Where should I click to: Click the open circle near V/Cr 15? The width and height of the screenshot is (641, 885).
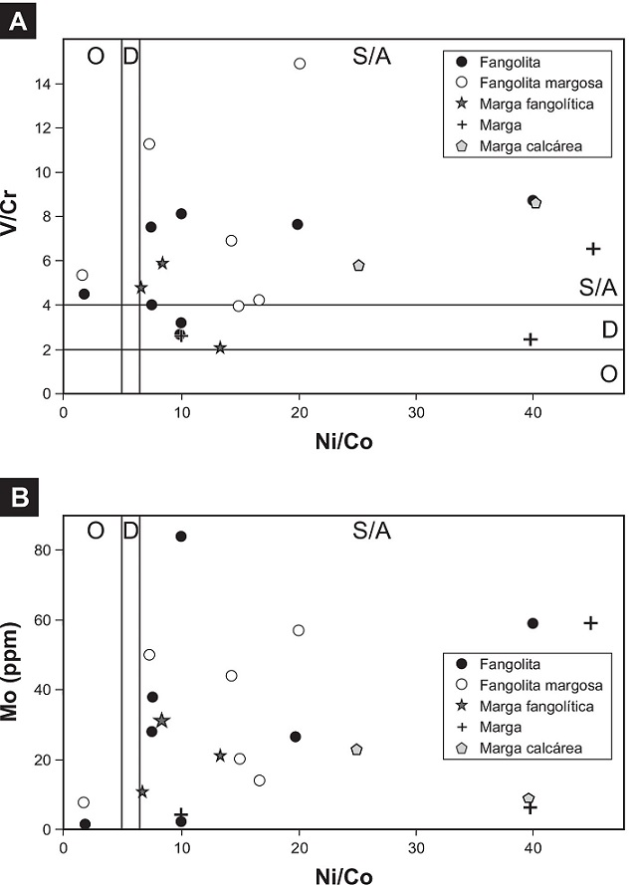(299, 64)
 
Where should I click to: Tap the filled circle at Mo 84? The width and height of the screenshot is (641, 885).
(181, 537)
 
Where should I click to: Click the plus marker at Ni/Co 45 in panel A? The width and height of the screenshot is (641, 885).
(592, 249)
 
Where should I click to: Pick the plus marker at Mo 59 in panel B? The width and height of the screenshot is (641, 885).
(590, 623)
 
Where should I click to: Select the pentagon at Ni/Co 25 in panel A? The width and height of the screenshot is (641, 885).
(358, 266)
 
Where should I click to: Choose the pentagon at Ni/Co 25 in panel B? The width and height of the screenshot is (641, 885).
(356, 750)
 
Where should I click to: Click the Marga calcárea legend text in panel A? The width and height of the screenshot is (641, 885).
(529, 146)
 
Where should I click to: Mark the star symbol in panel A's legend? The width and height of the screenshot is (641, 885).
(459, 103)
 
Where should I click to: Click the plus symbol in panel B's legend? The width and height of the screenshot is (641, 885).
(459, 728)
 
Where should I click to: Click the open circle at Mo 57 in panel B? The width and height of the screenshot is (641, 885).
(298, 630)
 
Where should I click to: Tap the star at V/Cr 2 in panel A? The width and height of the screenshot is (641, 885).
(220, 347)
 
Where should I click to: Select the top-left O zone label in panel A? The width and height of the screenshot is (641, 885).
(96, 56)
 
